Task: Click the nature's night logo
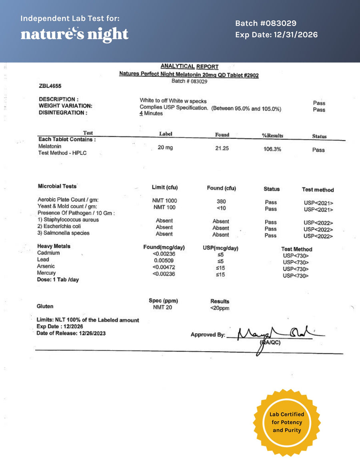[x=74, y=34]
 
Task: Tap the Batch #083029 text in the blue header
[x=266, y=24]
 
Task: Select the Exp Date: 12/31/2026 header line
[x=276, y=35]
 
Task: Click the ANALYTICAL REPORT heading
[x=189, y=66]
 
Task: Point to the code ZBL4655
[x=50, y=86]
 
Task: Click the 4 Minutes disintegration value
[x=151, y=114]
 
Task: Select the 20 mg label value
[x=165, y=148]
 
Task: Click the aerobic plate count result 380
[x=221, y=202]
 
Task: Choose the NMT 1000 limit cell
[x=164, y=200]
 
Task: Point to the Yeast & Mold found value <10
[x=221, y=208]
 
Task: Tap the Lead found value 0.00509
[x=164, y=260]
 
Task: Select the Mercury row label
[x=46, y=273]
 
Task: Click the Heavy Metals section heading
[x=54, y=246]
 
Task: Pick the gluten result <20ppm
[x=220, y=308]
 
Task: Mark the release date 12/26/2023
[x=92, y=333]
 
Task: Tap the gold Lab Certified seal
[x=287, y=422]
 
